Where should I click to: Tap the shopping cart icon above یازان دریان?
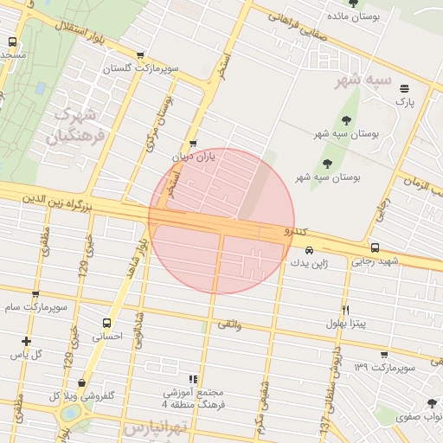coord(192,144)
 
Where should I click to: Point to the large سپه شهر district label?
coord(363,80)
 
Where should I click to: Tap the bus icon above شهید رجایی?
coord(375,247)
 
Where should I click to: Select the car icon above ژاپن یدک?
coord(309,249)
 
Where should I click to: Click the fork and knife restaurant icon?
coord(346,310)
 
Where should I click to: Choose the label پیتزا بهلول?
coord(347,324)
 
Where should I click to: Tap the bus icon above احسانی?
coord(107,322)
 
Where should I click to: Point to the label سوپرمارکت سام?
coord(35,307)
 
